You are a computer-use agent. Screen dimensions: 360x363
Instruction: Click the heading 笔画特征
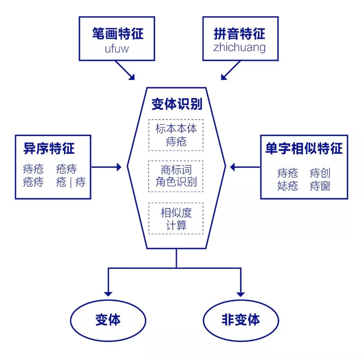point(117,34)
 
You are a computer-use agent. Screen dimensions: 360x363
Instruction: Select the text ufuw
point(117,49)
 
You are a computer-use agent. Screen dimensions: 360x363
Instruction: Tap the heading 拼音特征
point(240,34)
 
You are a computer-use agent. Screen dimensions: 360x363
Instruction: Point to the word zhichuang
point(239,48)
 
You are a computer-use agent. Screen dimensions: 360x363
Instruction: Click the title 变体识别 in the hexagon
point(176,104)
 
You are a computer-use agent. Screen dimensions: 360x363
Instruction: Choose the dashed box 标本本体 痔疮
point(176,135)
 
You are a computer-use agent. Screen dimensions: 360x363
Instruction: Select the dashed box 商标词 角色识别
point(176,176)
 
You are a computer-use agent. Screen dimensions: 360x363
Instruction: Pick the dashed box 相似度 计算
point(176,218)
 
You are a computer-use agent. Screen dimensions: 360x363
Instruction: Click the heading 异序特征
point(49,149)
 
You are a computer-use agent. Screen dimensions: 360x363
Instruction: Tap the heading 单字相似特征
point(304,149)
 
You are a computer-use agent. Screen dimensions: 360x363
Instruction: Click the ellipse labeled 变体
point(108,319)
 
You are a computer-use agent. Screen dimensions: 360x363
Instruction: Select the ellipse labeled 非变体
point(241,319)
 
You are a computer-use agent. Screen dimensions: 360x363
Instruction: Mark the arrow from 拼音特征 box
point(231,70)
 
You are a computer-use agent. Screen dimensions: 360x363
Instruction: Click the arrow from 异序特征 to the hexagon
point(106,167)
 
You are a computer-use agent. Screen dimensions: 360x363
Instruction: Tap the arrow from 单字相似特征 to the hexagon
point(245,167)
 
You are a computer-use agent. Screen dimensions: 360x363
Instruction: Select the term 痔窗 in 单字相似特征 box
point(320,186)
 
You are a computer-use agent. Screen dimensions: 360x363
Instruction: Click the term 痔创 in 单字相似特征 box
point(320,173)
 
